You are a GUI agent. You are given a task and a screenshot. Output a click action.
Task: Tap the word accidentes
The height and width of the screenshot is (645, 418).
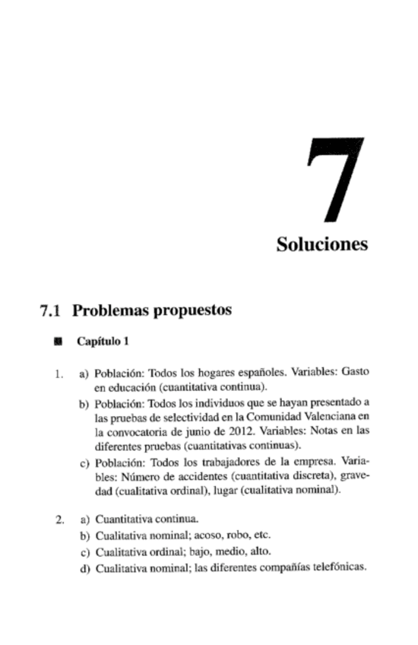(x=184, y=476)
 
